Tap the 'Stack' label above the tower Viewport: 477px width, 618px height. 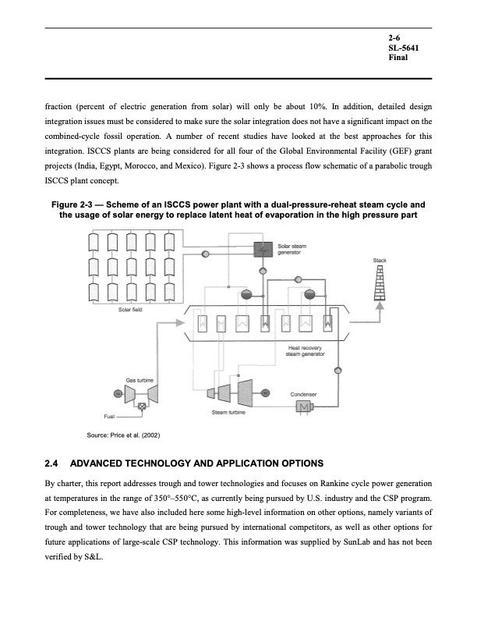pyautogui.click(x=380, y=260)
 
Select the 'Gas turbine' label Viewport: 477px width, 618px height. pyautogui.click(x=140, y=379)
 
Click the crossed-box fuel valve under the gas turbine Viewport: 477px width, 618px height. pyautogui.click(x=143, y=407)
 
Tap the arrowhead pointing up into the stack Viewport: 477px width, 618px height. pyautogui.click(x=380, y=307)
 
